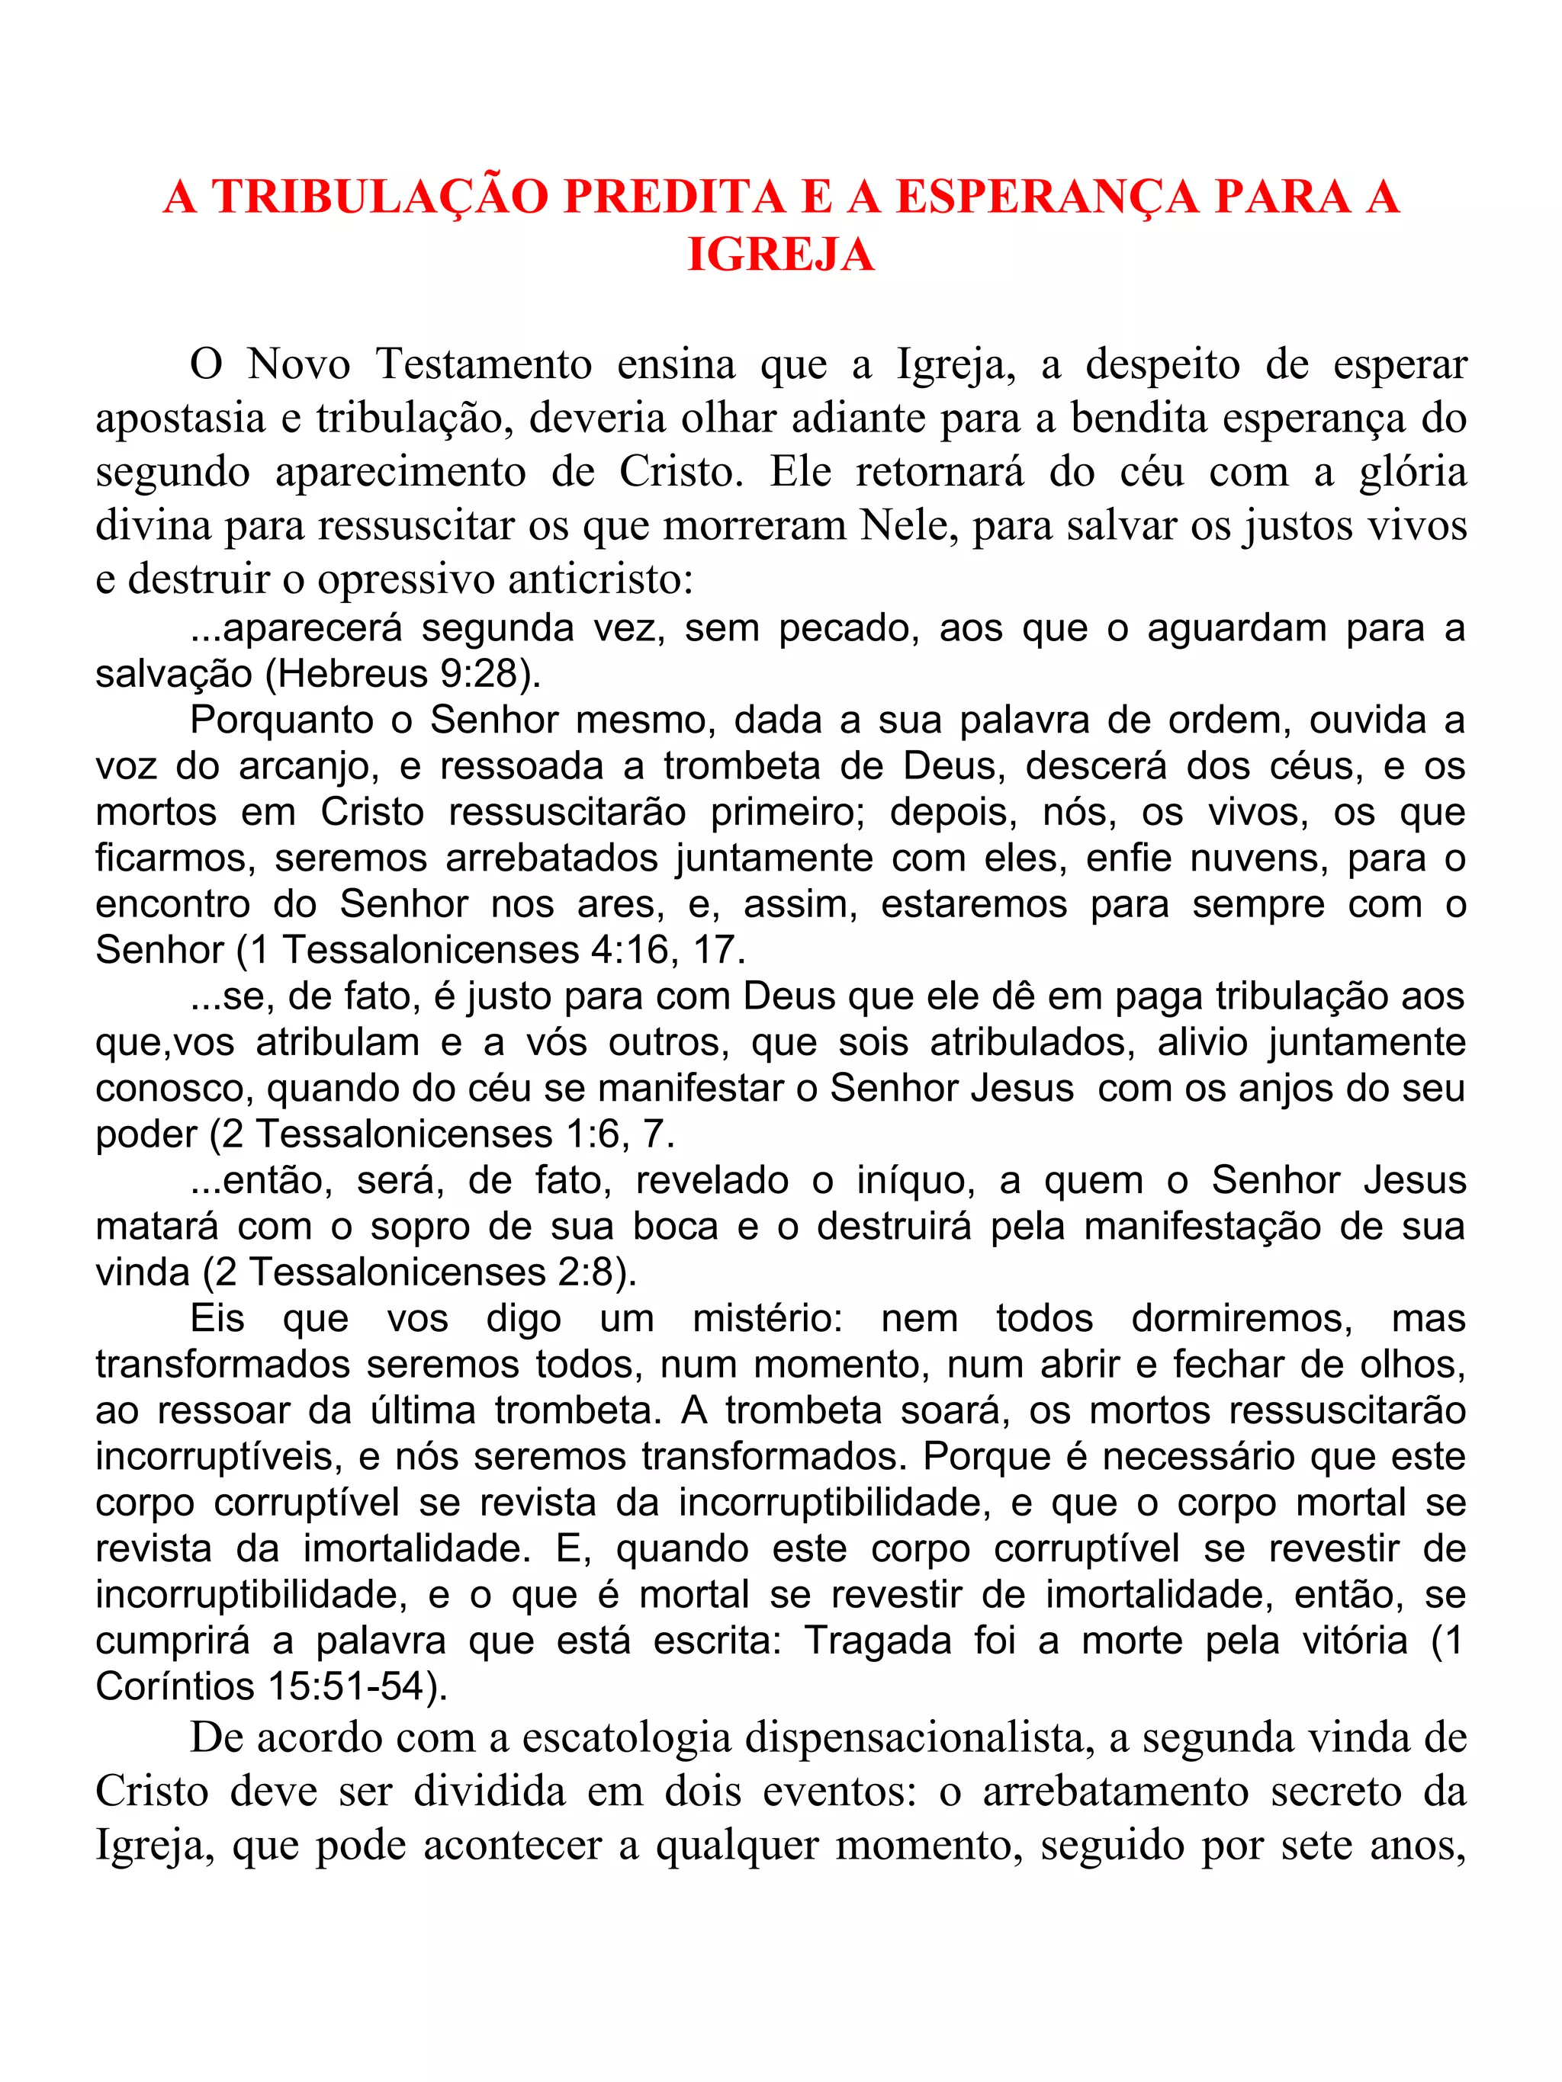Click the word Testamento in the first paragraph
pos(484,364)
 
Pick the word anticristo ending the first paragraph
pos(599,578)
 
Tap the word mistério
pos(767,1320)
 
